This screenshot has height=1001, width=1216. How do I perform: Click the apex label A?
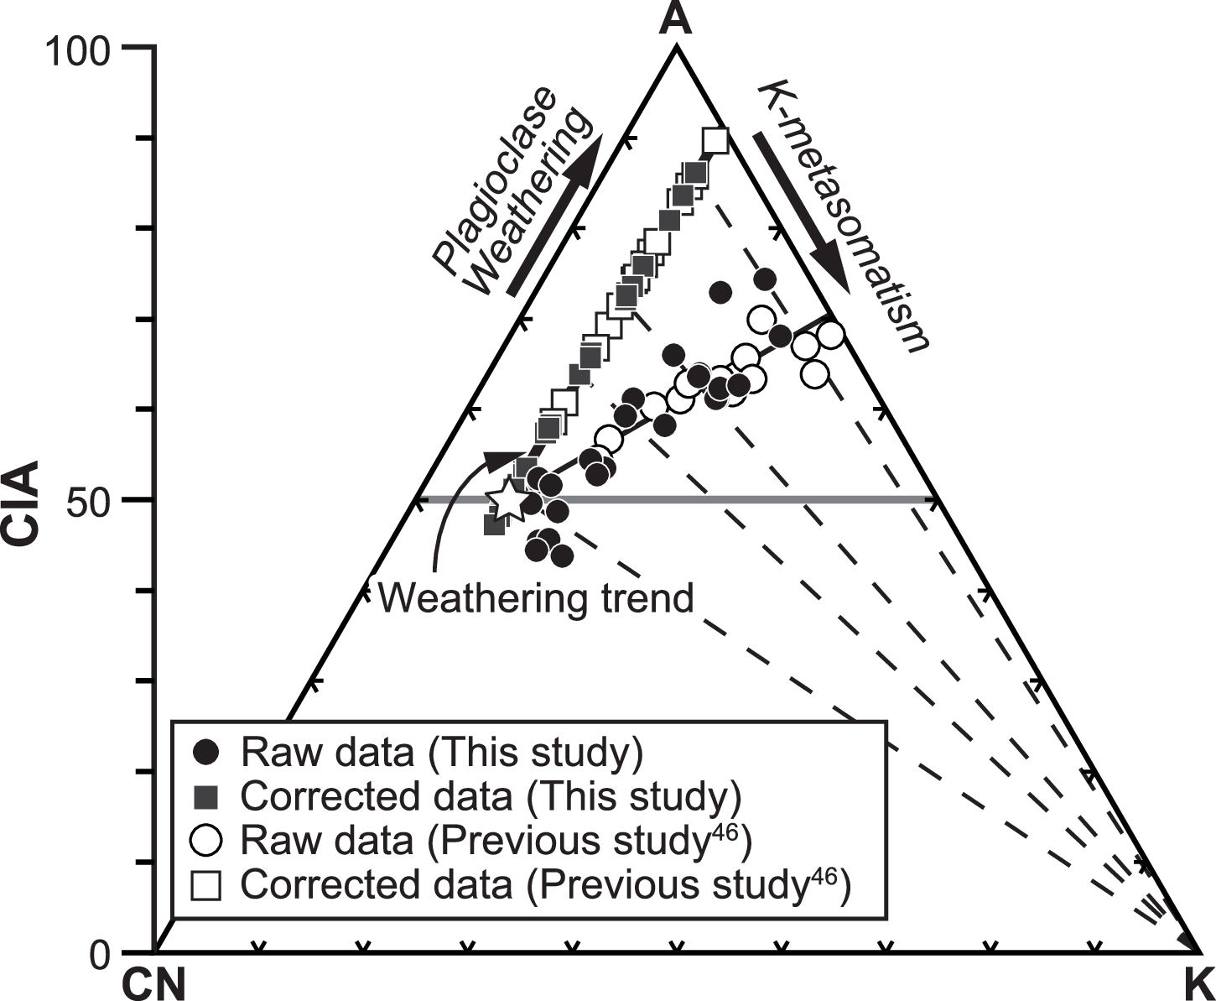(x=675, y=18)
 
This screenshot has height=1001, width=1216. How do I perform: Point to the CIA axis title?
(x=23, y=502)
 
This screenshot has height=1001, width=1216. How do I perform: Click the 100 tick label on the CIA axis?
(x=78, y=52)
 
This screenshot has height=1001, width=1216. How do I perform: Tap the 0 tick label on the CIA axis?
(x=100, y=955)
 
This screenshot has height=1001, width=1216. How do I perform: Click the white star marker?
(x=508, y=500)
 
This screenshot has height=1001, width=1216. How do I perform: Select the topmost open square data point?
(x=715, y=140)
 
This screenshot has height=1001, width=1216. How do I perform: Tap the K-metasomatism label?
(x=844, y=216)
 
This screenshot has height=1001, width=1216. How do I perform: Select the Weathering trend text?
(x=537, y=598)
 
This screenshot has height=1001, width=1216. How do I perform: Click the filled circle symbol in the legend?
(x=206, y=753)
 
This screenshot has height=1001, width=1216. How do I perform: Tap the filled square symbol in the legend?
(x=206, y=796)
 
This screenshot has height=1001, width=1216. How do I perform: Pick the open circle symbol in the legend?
(x=206, y=840)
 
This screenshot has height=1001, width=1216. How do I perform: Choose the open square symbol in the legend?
(x=206, y=885)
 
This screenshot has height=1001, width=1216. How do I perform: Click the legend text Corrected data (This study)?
(x=491, y=796)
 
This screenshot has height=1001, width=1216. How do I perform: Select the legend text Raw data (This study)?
(x=442, y=753)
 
